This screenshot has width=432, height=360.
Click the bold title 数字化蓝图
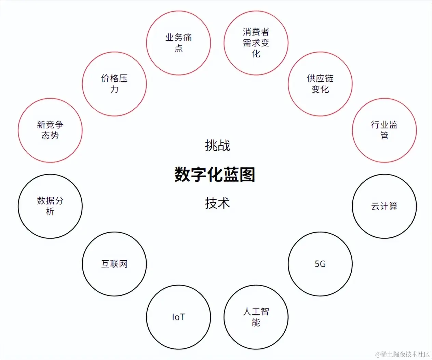coord(215,175)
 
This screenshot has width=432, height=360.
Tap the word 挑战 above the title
coord(217,146)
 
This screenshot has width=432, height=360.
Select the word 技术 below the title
coord(217,203)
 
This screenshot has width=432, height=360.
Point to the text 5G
coord(320,264)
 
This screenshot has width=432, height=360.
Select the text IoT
coord(178,317)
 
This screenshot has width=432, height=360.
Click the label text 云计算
coord(384,206)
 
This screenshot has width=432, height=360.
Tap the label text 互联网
coord(114,264)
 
